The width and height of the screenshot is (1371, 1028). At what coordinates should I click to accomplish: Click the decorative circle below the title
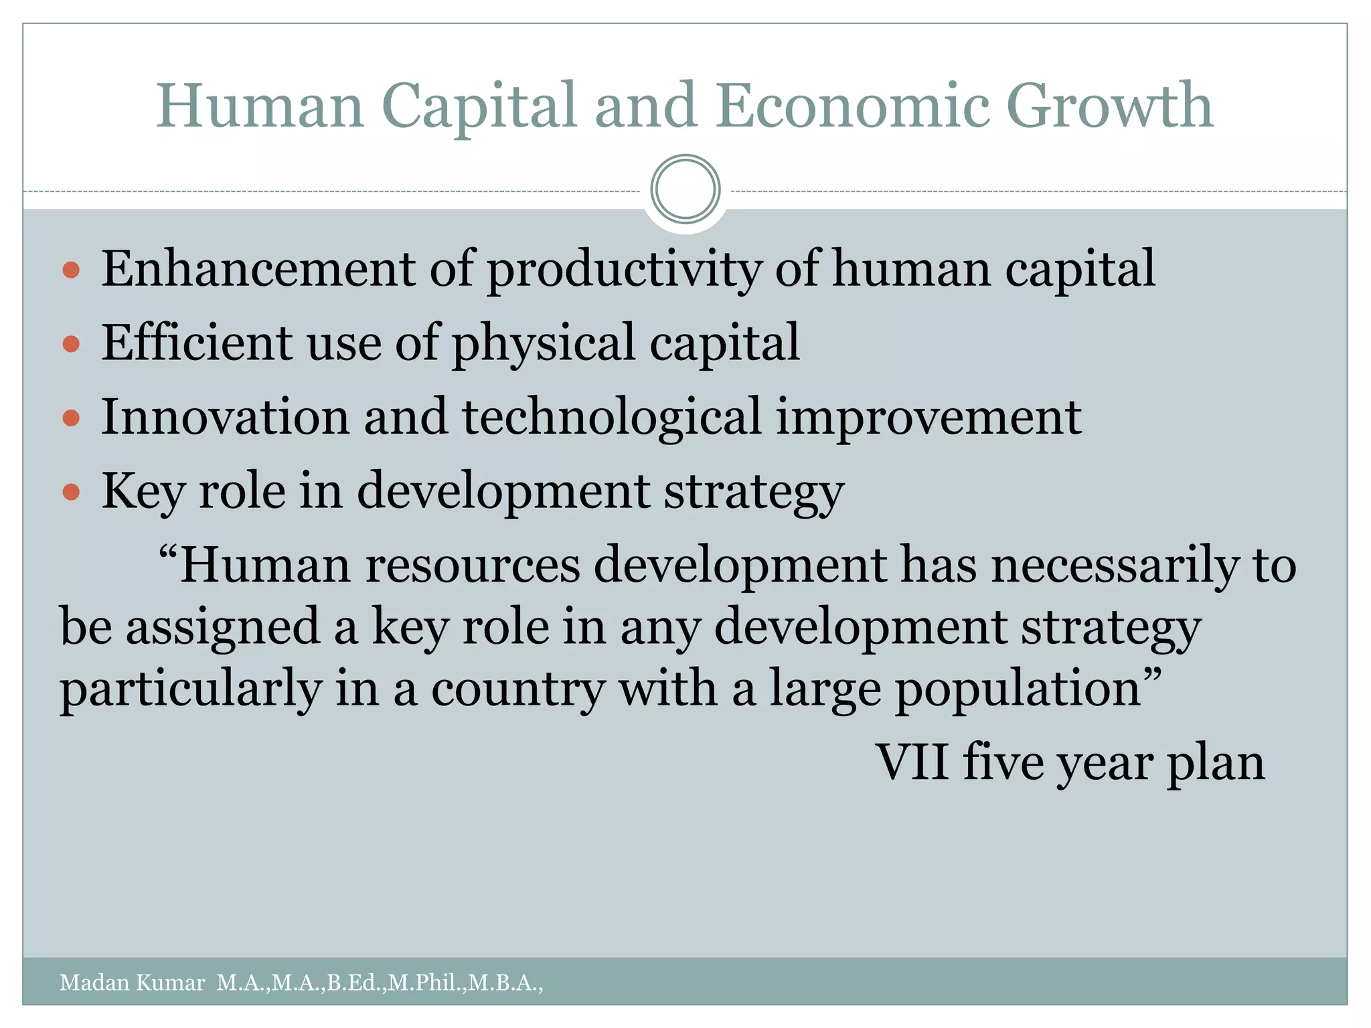685,189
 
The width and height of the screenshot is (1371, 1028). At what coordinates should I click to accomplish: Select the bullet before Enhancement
71,270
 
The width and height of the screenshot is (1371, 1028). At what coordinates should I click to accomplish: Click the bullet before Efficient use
71,345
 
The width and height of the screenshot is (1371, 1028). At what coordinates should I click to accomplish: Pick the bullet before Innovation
71,419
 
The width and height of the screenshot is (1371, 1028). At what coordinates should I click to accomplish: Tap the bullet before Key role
71,493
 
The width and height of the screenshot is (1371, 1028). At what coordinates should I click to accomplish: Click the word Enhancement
258,269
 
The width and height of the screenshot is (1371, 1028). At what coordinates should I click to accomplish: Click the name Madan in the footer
94,982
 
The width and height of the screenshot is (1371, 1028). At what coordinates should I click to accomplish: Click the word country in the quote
517,690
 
